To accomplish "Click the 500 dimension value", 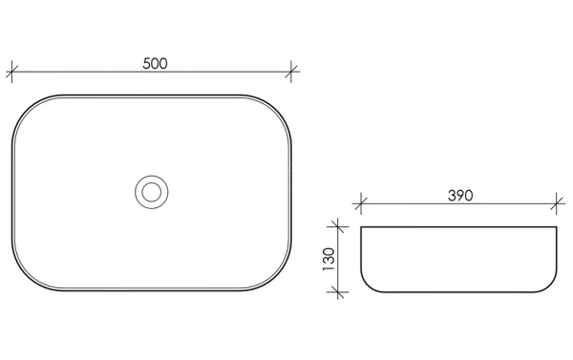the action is tap(155, 64).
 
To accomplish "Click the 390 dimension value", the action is tap(460, 196).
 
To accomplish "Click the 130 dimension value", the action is tap(329, 259).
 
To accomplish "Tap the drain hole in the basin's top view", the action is tap(151, 192).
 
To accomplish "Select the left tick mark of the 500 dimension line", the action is tap(11, 72).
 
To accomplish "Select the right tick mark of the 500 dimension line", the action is tap(291, 72).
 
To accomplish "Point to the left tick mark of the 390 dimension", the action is tap(361, 204).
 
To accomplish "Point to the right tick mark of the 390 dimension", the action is tap(556, 204).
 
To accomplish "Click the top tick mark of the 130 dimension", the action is tap(338, 226).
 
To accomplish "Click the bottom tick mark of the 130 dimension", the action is tap(338, 292).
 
